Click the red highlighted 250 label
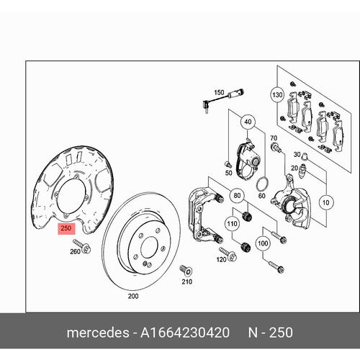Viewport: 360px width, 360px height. [x=66, y=228]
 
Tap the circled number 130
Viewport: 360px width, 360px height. [x=277, y=95]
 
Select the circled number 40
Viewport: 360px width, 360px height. [x=248, y=122]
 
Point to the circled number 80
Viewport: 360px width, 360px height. [x=237, y=196]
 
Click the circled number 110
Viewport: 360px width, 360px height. [x=232, y=224]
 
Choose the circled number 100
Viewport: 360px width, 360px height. [x=263, y=243]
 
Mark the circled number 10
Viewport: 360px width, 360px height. [x=325, y=203]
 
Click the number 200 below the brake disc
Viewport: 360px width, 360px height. [x=133, y=296]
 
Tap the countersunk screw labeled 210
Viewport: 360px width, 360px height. [x=186, y=271]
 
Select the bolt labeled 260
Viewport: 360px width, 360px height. [x=82, y=246]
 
